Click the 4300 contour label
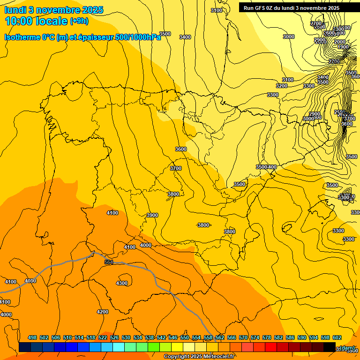click(x=122, y=283)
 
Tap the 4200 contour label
click(x=103, y=312)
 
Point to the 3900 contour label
click(x=152, y=215)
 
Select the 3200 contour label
click(x=282, y=86)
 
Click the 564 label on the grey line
click(x=109, y=262)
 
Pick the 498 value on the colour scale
click(x=32, y=338)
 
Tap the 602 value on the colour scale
click(x=337, y=338)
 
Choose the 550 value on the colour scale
click(x=185, y=338)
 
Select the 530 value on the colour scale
click(x=126, y=338)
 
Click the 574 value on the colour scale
click(x=255, y=338)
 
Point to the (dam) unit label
click(x=347, y=348)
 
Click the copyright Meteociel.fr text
click(x=199, y=357)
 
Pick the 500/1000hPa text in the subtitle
click(x=138, y=37)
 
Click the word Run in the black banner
click(x=248, y=8)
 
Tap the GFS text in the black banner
click(x=261, y=8)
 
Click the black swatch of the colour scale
click(x=330, y=347)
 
